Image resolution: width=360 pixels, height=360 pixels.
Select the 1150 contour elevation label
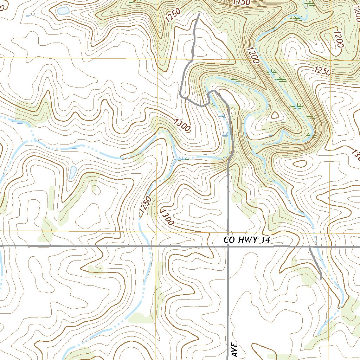tap(242, 2)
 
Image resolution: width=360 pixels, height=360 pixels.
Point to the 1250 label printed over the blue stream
tap(145, 206)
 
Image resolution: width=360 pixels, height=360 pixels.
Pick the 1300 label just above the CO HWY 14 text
tap(167, 217)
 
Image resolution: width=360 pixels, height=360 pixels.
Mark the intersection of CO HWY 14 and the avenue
tap(228, 246)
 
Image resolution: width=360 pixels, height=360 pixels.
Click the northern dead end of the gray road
tap(199, 14)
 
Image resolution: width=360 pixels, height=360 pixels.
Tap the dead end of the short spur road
tap(321, 279)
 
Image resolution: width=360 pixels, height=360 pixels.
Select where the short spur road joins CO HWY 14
tap(309, 247)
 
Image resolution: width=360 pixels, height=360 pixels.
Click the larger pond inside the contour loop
tap(63, 11)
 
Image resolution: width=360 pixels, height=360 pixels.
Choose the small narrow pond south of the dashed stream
tap(73, 172)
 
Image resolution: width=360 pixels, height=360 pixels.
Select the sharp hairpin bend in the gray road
tap(213, 92)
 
